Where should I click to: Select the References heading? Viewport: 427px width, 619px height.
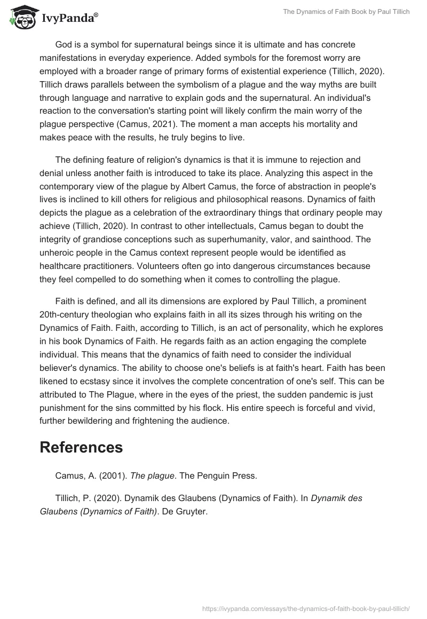coord(81,447)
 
